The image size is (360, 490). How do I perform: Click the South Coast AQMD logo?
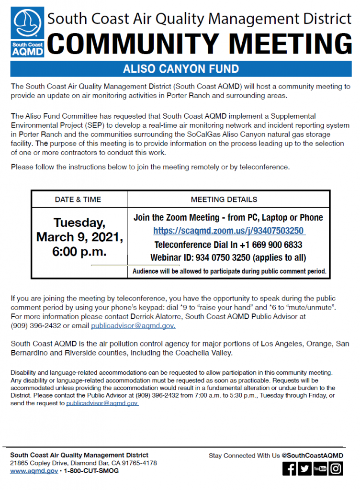click(x=28, y=32)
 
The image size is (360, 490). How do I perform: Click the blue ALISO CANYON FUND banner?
click(x=180, y=69)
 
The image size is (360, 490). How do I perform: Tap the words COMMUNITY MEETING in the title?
click(x=200, y=45)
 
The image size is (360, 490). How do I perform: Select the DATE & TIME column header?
click(x=78, y=199)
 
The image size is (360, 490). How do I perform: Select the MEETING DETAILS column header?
click(x=224, y=199)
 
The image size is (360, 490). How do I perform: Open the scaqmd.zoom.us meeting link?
click(x=229, y=231)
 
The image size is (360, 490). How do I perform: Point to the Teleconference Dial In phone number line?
click(x=228, y=245)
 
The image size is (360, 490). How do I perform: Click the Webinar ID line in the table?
click(x=228, y=257)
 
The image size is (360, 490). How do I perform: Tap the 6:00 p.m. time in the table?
click(x=79, y=251)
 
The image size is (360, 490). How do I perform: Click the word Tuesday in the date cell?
click(x=79, y=223)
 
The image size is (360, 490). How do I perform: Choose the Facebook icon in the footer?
click(x=289, y=469)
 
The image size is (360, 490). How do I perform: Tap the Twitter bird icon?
click(x=304, y=469)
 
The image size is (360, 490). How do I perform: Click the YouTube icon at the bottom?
click(x=320, y=469)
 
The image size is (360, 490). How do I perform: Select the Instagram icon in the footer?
click(x=336, y=469)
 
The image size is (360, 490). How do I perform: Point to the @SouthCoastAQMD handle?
click(x=313, y=456)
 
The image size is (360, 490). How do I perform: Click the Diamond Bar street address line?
click(x=83, y=463)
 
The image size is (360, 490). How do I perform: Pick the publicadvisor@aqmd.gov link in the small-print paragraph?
click(x=102, y=403)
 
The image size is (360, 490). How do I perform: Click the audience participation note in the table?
click(x=229, y=271)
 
